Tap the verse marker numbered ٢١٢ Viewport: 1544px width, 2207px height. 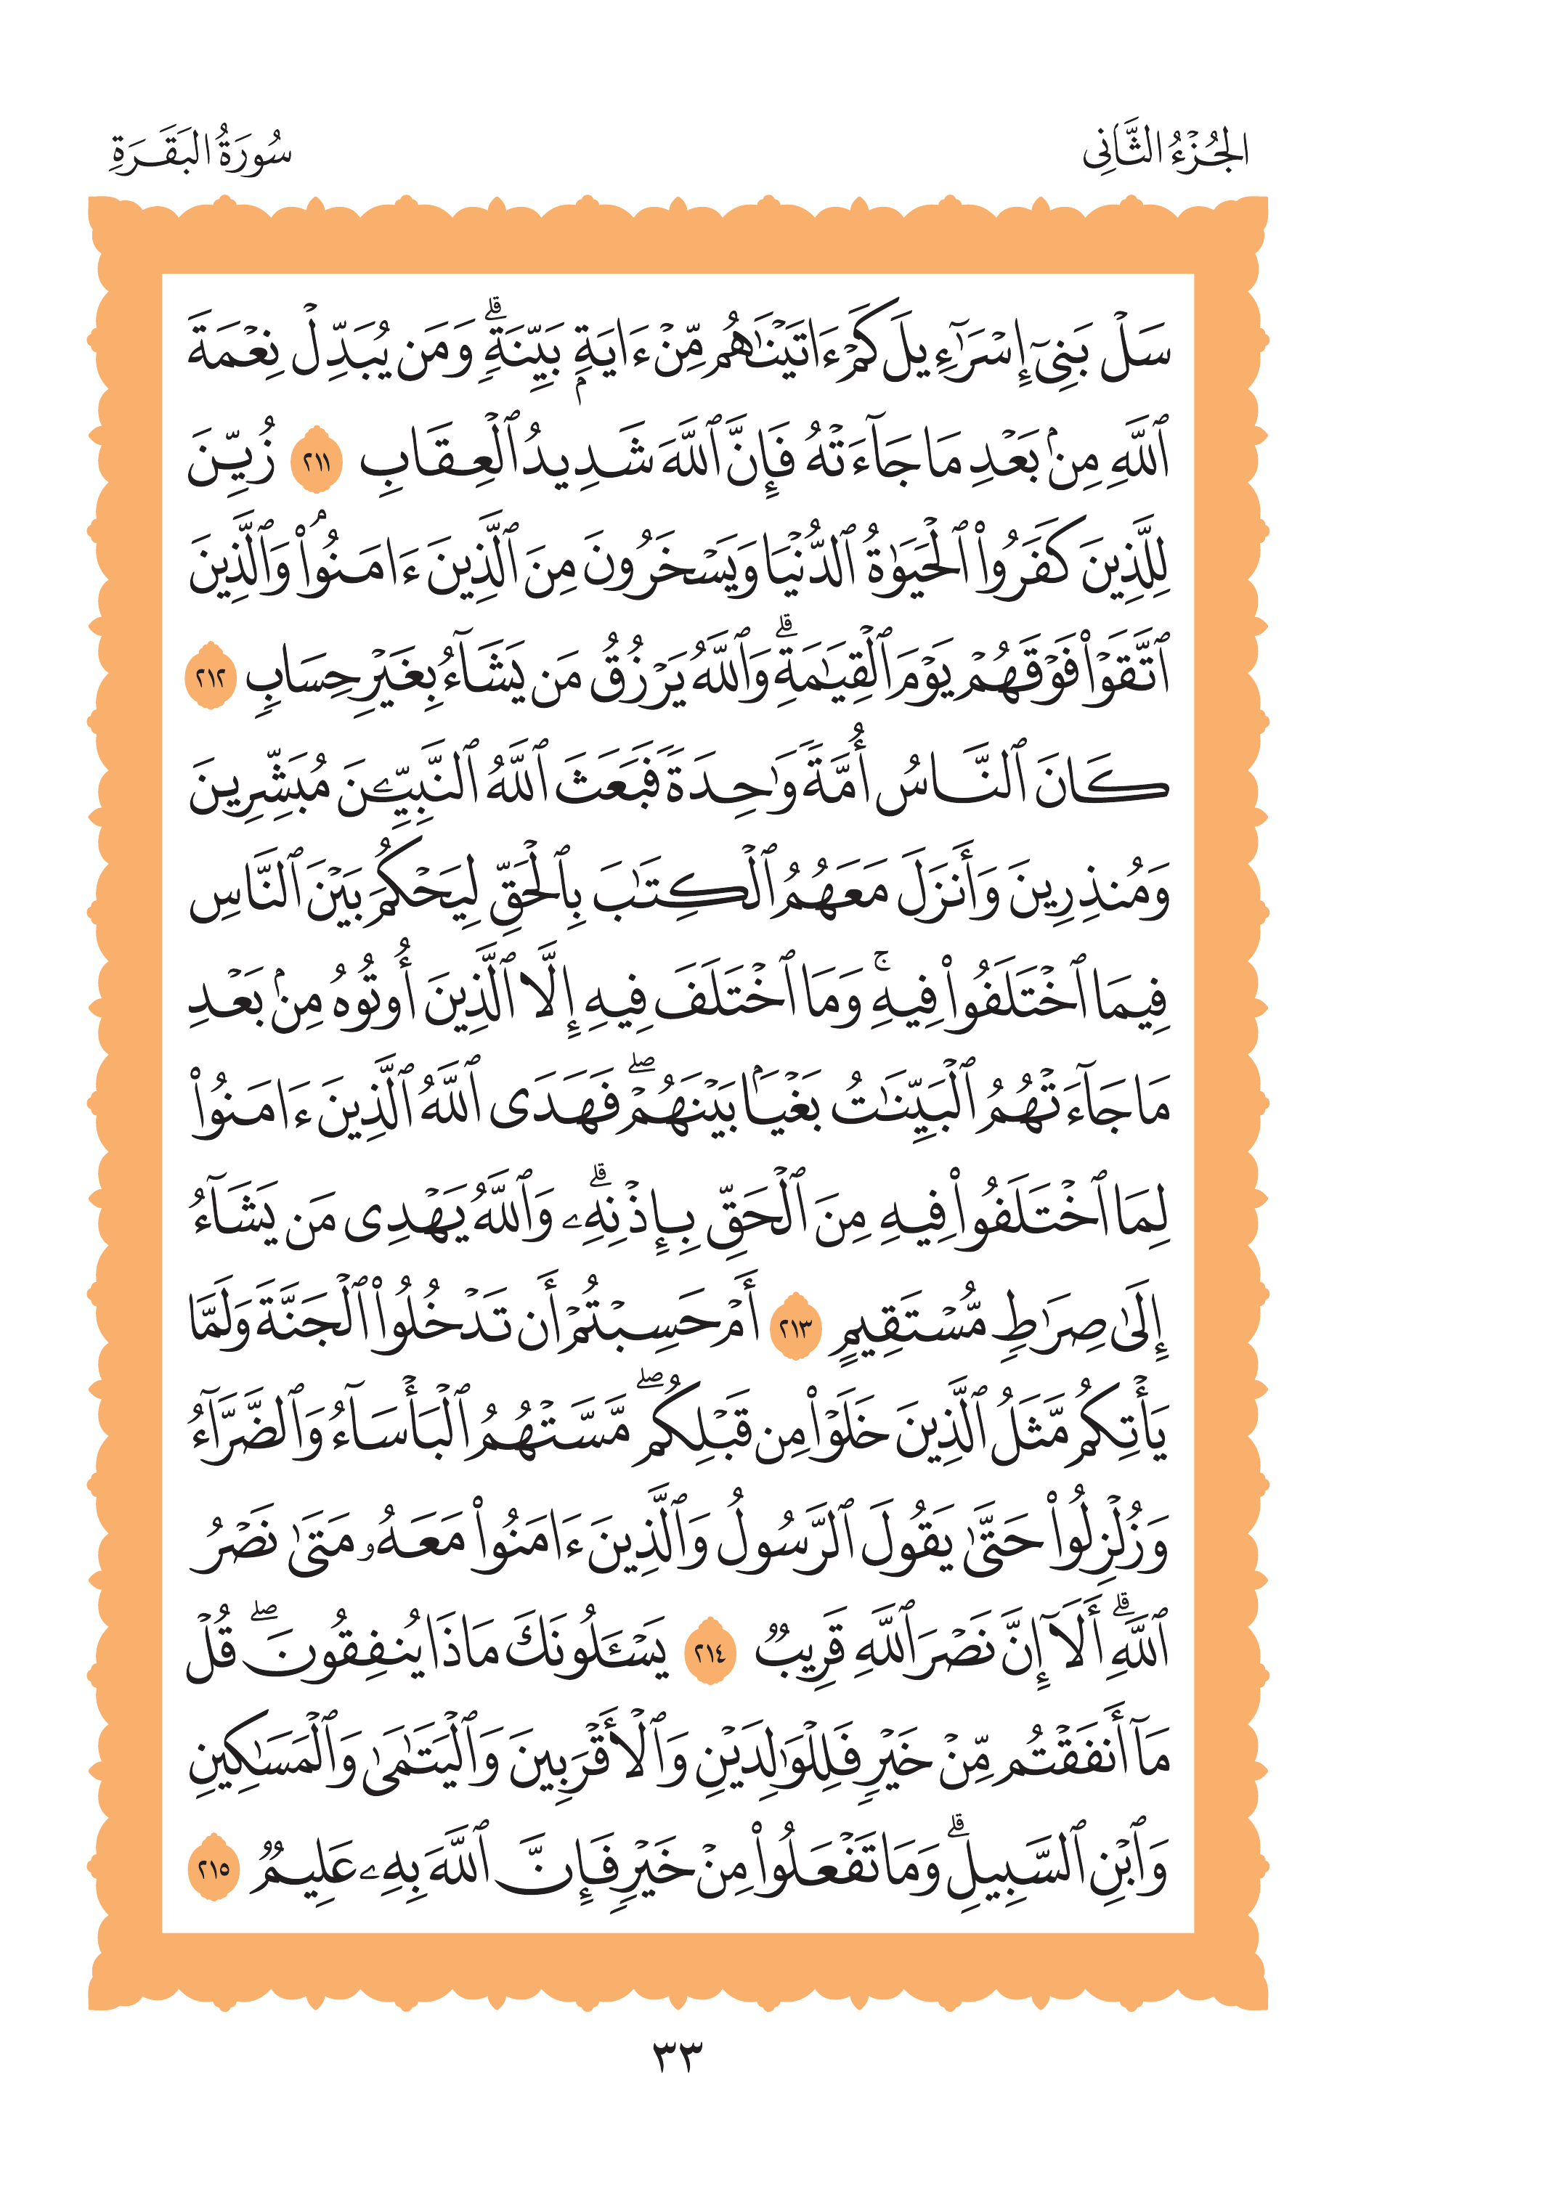[x=211, y=677]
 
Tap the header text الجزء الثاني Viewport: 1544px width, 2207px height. [x=1164, y=152]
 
